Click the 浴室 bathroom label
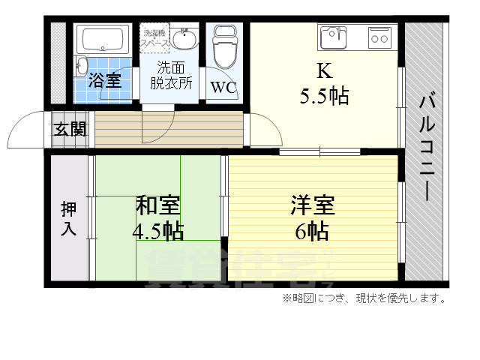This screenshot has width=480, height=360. [106, 81]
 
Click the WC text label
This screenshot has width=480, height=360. [223, 86]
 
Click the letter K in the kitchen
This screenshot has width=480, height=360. [324, 71]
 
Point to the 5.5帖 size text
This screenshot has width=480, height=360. [324, 96]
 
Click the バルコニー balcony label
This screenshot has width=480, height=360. [425, 147]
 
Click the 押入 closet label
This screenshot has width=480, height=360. [68, 218]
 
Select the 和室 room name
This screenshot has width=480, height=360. [157, 205]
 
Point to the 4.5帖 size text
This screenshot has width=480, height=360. [157, 231]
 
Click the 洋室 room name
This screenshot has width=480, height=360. [312, 205]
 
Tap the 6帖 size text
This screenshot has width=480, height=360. [312, 231]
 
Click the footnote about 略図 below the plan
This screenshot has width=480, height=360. [365, 299]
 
